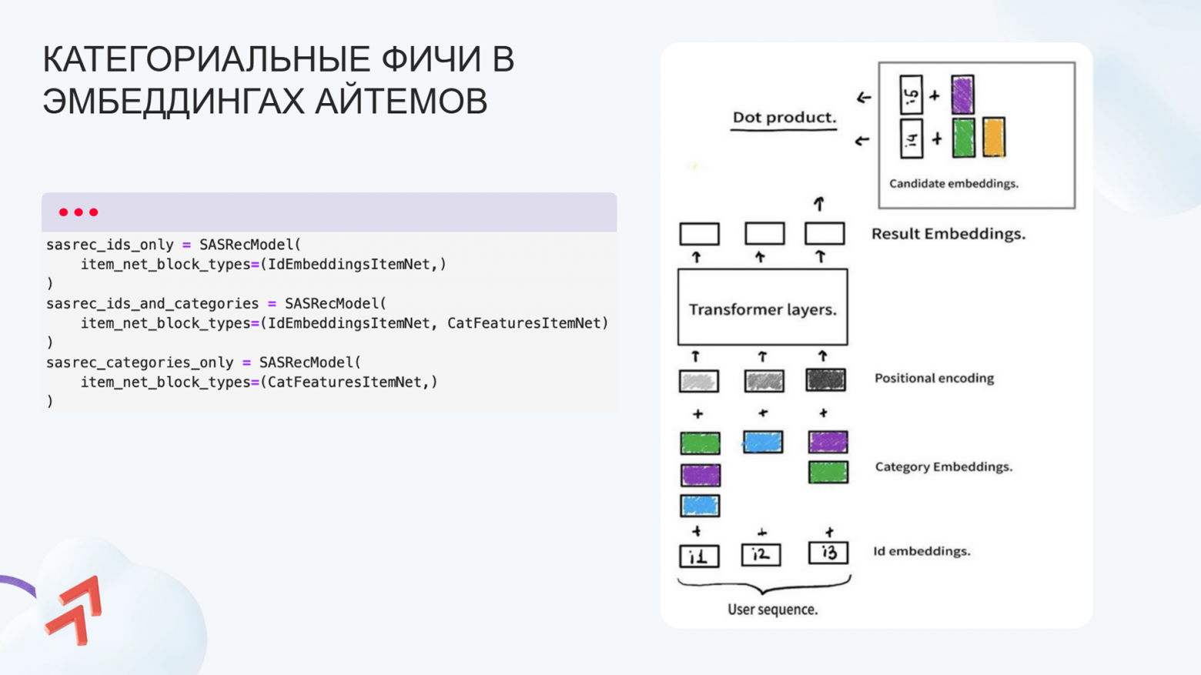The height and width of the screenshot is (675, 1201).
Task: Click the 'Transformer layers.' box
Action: tap(762, 307)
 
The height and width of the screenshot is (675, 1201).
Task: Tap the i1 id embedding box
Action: tap(699, 556)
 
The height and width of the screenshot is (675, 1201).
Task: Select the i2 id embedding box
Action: tap(761, 554)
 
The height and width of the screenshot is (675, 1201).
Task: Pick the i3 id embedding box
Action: tap(828, 553)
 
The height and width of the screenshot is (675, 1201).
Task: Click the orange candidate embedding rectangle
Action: tap(993, 137)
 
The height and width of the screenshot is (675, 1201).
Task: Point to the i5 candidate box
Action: tap(911, 95)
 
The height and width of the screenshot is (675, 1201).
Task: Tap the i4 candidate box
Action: tap(911, 139)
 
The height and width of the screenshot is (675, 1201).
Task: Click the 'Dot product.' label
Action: tap(784, 118)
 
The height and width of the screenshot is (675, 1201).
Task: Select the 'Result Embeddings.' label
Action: tap(948, 234)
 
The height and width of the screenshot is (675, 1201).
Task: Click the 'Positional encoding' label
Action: tap(934, 379)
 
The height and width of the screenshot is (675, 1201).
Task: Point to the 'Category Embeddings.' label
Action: tap(943, 467)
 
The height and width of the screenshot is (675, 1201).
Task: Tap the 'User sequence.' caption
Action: tap(772, 610)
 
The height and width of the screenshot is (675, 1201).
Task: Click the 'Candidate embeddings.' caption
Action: tap(953, 184)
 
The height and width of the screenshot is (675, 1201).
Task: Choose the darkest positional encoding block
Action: tap(825, 379)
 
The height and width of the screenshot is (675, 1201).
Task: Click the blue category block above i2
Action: tap(763, 442)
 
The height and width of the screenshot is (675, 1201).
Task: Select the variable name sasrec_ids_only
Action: tap(109, 245)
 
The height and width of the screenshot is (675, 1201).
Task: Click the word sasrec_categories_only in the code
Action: tap(139, 363)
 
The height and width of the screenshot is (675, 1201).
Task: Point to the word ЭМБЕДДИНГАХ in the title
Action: tap(172, 102)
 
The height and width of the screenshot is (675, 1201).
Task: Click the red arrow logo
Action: tap(75, 610)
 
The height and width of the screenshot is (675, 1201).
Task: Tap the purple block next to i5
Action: tap(962, 95)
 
